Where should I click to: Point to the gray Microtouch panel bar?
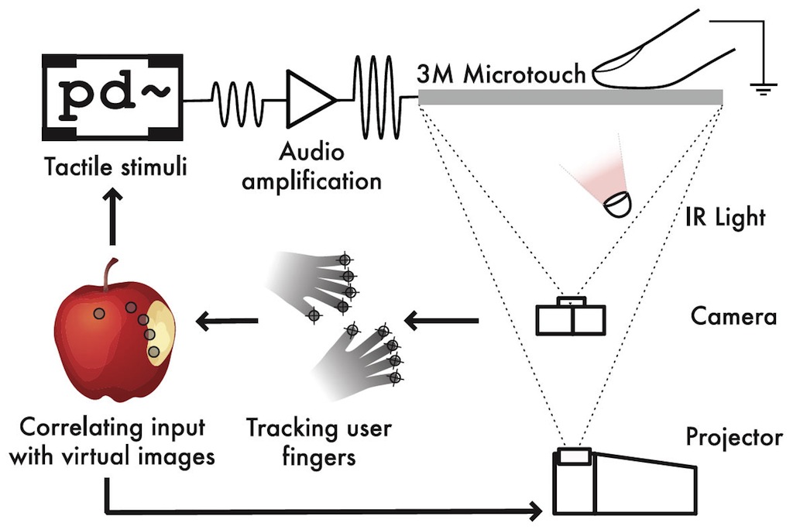coord(570,97)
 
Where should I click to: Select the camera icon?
coord(571,315)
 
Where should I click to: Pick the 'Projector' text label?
coord(734,438)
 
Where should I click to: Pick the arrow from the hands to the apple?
coord(226,319)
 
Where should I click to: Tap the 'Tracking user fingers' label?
coord(318,442)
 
